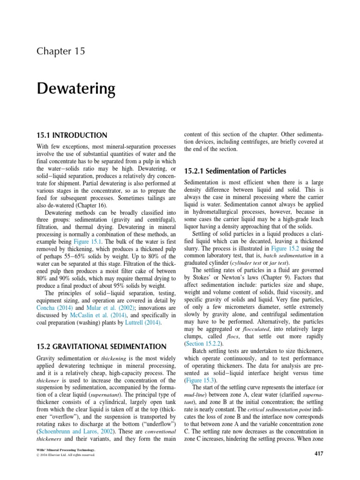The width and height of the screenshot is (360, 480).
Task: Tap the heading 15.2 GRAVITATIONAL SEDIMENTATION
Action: pyautogui.click(x=101, y=346)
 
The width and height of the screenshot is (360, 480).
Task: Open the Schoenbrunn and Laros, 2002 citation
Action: pyautogui.click(x=74, y=430)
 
